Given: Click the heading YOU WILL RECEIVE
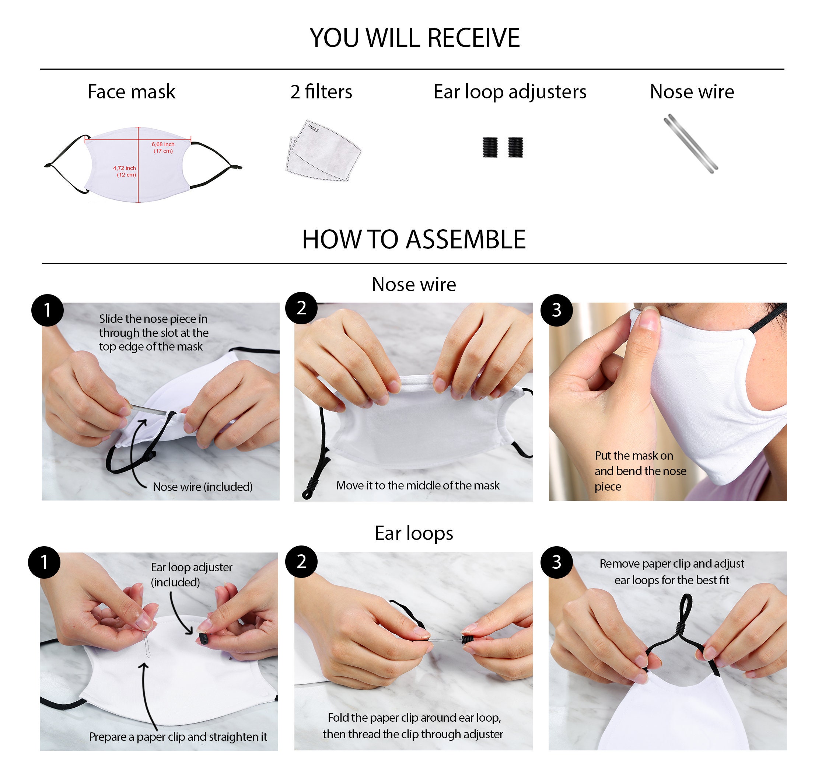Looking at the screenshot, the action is point(414,38).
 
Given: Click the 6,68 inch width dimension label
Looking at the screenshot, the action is point(163,147).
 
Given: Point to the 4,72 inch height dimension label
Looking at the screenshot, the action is point(125,171).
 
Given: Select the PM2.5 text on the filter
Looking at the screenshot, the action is point(313,128).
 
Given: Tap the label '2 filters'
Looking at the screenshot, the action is point(321,91).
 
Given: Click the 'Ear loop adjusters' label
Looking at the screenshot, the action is point(510,92).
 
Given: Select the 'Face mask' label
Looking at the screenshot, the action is point(132,92).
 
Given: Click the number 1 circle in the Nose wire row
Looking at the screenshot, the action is point(48,310).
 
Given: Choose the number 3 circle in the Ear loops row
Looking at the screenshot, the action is point(557,562).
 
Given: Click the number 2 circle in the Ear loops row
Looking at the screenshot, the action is point(301,561).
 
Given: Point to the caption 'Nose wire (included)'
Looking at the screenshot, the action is point(203,487).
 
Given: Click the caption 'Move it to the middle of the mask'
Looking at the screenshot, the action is point(418,485).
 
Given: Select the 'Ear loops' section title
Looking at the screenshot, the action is point(414,534).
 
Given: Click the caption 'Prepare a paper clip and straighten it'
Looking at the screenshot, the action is point(178,737).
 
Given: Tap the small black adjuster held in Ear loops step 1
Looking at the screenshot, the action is point(203,638).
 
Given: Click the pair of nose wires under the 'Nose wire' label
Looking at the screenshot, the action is point(690,143).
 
